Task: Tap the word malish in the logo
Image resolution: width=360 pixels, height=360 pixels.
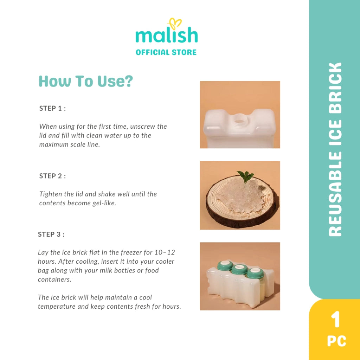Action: pos(167,35)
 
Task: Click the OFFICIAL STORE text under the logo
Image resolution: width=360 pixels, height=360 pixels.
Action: pos(166,52)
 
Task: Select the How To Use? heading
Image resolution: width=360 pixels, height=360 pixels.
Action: pos(86,81)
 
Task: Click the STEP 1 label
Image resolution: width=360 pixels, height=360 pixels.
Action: pos(53,108)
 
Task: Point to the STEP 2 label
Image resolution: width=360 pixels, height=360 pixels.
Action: pos(53,176)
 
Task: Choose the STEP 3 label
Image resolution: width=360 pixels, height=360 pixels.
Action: pos(51,234)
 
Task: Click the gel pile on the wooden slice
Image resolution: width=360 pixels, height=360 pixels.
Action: pos(240,195)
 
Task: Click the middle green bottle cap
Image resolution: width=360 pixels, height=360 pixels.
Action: pos(239,269)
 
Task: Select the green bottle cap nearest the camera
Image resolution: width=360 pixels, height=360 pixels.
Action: pos(255,273)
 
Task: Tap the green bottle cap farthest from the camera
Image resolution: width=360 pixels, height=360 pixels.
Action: pos(225,265)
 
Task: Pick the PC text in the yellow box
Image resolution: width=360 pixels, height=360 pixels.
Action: pos(336,341)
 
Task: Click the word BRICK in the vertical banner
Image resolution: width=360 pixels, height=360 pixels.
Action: pos(335,88)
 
